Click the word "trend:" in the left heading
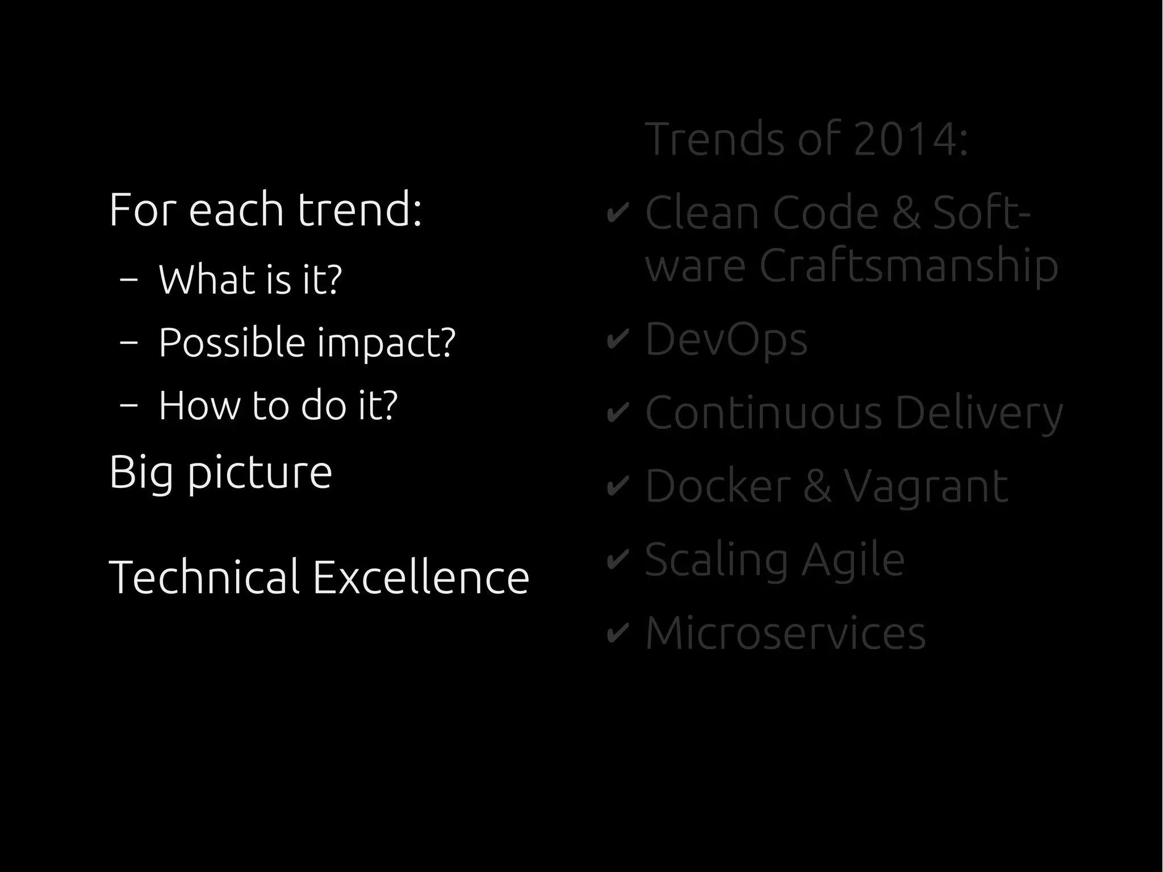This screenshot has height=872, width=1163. click(359, 210)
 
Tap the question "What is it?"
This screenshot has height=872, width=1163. click(250, 279)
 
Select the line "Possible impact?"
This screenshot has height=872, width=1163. click(307, 343)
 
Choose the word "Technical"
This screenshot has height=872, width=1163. click(204, 577)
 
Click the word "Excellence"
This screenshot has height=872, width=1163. click(421, 577)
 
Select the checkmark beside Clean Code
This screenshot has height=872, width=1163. click(617, 214)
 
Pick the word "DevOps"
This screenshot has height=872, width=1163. click(726, 340)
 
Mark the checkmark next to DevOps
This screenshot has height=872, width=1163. click(617, 340)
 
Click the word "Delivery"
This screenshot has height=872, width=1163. click(978, 413)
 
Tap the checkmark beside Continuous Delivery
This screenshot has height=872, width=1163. click(617, 413)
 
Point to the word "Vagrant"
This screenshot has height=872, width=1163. click(926, 487)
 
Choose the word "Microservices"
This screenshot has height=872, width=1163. click(785, 633)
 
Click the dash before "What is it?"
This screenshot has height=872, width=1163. click(129, 279)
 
